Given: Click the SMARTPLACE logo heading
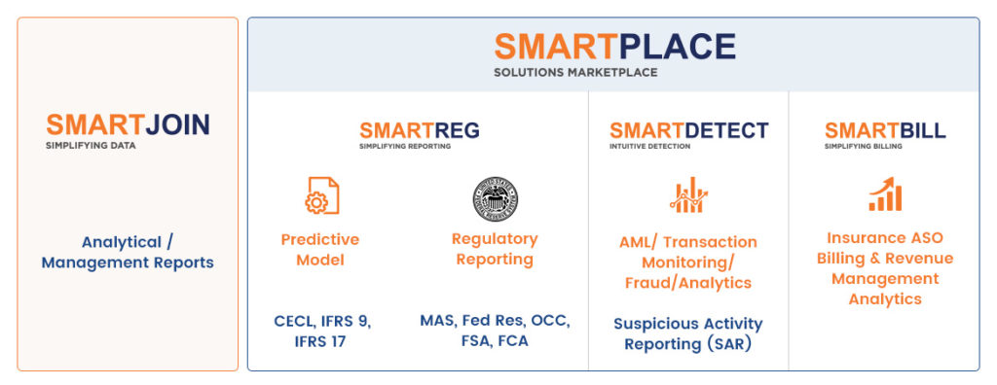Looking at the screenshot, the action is point(614,47).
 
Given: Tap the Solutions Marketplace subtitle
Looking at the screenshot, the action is point(575,72).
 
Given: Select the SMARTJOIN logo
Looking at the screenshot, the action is point(128,124).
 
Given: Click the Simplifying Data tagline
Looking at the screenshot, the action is point(91,146).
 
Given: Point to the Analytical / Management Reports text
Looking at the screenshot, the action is point(128,252).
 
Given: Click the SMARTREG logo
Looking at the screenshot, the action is point(419,131).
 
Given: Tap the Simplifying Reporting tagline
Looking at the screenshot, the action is point(404,146).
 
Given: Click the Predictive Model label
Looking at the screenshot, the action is point(319,250).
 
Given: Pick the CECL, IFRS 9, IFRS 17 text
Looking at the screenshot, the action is point(322,331).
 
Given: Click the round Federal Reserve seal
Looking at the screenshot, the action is point(495,199).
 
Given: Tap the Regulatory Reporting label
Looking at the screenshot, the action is point(495,249).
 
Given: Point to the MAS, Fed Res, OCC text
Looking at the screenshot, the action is point(495,321).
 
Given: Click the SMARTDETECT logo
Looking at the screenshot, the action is point(688,131).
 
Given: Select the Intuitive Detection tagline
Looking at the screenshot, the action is point(649,146).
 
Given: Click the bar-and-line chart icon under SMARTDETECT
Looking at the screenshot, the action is point(688,195).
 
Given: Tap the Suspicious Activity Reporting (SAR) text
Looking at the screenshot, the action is point(688,333).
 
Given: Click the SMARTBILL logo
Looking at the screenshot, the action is point(885,131).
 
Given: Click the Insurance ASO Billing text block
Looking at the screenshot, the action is point(885,268).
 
